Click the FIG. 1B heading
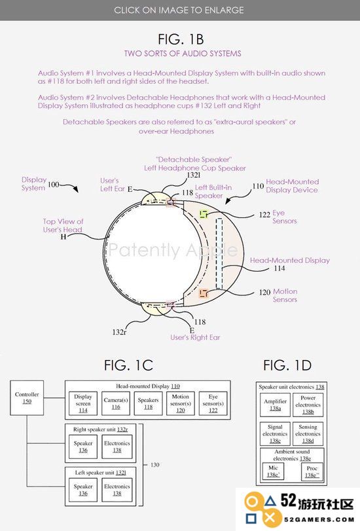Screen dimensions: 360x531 (181, 39)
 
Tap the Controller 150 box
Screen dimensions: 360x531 (27, 398)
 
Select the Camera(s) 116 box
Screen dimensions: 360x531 (116, 403)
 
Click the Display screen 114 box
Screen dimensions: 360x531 (83, 403)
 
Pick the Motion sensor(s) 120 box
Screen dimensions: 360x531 (181, 403)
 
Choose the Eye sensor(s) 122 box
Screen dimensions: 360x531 (213, 403)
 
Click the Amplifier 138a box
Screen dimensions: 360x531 (275, 405)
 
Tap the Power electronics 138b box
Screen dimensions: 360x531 (308, 405)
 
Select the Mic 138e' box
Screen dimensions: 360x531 (274, 471)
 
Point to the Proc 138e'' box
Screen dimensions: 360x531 (312, 471)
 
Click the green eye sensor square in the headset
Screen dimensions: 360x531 (204, 213)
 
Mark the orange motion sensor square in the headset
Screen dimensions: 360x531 (203, 293)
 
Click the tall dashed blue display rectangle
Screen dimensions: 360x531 (219, 253)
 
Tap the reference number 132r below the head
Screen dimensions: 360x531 (119, 332)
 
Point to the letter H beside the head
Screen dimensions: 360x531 (63, 237)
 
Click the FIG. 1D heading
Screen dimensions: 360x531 (287, 365)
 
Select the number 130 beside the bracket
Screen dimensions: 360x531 (154, 465)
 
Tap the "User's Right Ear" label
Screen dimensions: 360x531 (195, 337)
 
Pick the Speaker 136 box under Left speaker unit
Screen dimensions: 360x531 (83, 490)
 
